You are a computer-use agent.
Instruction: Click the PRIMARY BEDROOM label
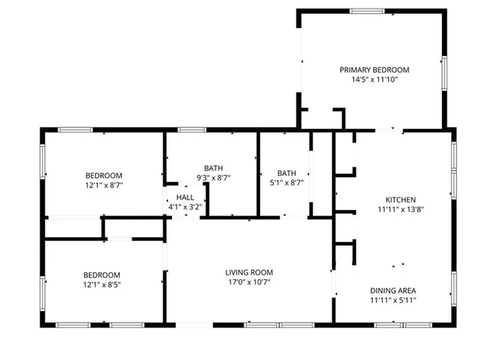point(373,69)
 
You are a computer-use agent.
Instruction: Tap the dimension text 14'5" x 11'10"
point(373,79)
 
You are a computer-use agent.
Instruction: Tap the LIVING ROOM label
point(249,272)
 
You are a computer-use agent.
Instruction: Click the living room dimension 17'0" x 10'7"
point(249,282)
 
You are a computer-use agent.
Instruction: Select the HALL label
point(184,198)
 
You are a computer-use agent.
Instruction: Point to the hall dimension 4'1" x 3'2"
point(184,208)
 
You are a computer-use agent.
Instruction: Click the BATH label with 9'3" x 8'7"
point(213,168)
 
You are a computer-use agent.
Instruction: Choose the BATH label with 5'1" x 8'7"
point(287,173)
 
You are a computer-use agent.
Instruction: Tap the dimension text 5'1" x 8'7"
point(287,183)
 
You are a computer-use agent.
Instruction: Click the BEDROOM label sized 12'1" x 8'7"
point(103,176)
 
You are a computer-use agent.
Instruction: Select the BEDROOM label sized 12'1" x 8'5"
point(102,275)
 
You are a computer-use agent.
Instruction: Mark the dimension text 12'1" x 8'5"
point(102,285)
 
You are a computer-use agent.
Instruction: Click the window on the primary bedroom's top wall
point(366,11)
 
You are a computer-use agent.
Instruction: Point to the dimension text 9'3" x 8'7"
point(213,178)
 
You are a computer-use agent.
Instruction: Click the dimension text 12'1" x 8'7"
point(103,186)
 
